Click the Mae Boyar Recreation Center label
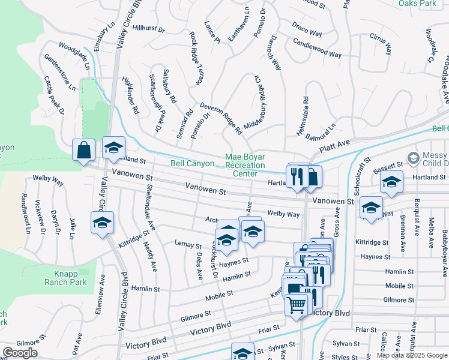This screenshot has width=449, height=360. click(245, 165)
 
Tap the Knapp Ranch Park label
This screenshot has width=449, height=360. click(66, 277)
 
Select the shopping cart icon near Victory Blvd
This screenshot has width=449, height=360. click(297, 305)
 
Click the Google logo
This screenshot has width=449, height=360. click(20, 353)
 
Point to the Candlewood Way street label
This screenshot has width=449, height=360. click(317, 47)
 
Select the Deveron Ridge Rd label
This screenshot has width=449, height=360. click(220, 116)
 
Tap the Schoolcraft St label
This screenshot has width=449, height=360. click(358, 176)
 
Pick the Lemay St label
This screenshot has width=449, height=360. click(187, 245)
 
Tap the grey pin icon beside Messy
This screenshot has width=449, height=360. click(412, 158)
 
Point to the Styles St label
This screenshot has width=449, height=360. click(345, 357)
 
